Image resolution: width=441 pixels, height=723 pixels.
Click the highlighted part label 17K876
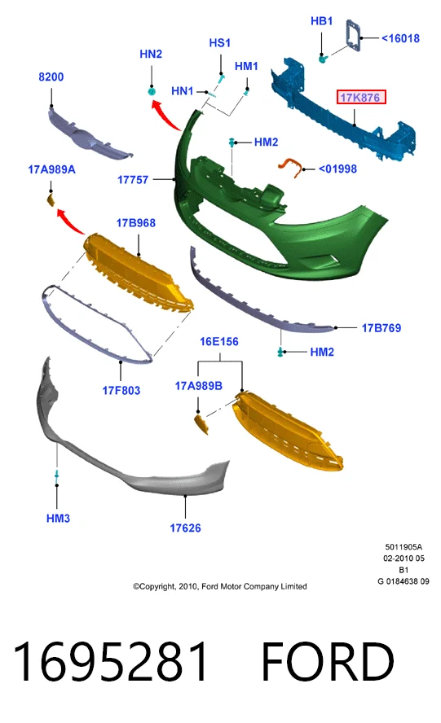point(360,97)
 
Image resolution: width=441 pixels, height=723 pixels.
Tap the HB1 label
point(322,20)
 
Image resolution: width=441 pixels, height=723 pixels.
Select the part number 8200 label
point(51,77)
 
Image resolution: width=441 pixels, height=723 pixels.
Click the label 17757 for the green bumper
point(133,180)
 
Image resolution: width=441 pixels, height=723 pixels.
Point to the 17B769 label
point(381,328)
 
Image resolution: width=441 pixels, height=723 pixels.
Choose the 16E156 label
point(219,342)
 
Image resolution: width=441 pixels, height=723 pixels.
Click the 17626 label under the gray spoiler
point(185,528)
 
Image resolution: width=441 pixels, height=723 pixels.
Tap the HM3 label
point(58,519)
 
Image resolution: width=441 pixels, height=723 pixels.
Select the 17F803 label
point(121,391)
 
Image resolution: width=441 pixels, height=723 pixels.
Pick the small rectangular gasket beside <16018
point(353,33)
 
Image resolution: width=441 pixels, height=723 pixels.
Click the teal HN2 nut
point(152,91)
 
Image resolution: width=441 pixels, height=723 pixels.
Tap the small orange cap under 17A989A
point(51,200)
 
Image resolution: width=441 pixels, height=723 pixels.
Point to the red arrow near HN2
point(165,115)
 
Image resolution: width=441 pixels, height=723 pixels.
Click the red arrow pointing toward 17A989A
point(70,221)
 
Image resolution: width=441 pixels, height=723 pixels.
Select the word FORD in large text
point(328,661)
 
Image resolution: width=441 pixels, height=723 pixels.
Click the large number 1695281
point(110,661)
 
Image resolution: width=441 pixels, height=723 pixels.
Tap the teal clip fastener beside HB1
point(324,58)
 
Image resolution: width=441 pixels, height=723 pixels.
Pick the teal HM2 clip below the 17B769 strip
point(280,352)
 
